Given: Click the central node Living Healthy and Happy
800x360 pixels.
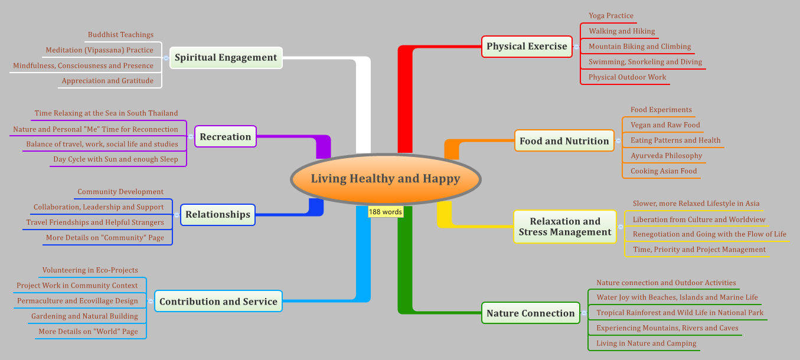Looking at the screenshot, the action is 386,179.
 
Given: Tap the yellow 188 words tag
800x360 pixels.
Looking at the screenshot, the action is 385,212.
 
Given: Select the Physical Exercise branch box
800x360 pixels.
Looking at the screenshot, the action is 527,47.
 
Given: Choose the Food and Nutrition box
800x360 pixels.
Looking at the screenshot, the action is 564,141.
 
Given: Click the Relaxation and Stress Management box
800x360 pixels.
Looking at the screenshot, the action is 564,227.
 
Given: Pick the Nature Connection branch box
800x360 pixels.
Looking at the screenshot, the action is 530,313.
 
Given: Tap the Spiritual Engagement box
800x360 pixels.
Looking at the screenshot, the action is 226,58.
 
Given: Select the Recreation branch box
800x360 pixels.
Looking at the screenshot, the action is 225,137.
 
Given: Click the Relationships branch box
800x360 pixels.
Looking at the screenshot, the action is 217,215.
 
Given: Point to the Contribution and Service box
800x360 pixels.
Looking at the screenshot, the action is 218,302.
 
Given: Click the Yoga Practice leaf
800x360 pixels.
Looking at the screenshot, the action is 610,16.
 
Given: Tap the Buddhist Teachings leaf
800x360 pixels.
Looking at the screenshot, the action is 120,35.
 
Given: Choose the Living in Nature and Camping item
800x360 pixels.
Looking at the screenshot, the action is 646,343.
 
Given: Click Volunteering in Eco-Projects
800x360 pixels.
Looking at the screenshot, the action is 90,270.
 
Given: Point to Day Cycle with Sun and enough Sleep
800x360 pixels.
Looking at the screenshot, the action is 115,159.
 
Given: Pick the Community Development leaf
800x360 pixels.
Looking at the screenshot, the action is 120,192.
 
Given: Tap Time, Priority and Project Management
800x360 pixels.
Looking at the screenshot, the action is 699,250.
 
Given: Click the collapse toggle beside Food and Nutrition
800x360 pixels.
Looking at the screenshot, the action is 618,141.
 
